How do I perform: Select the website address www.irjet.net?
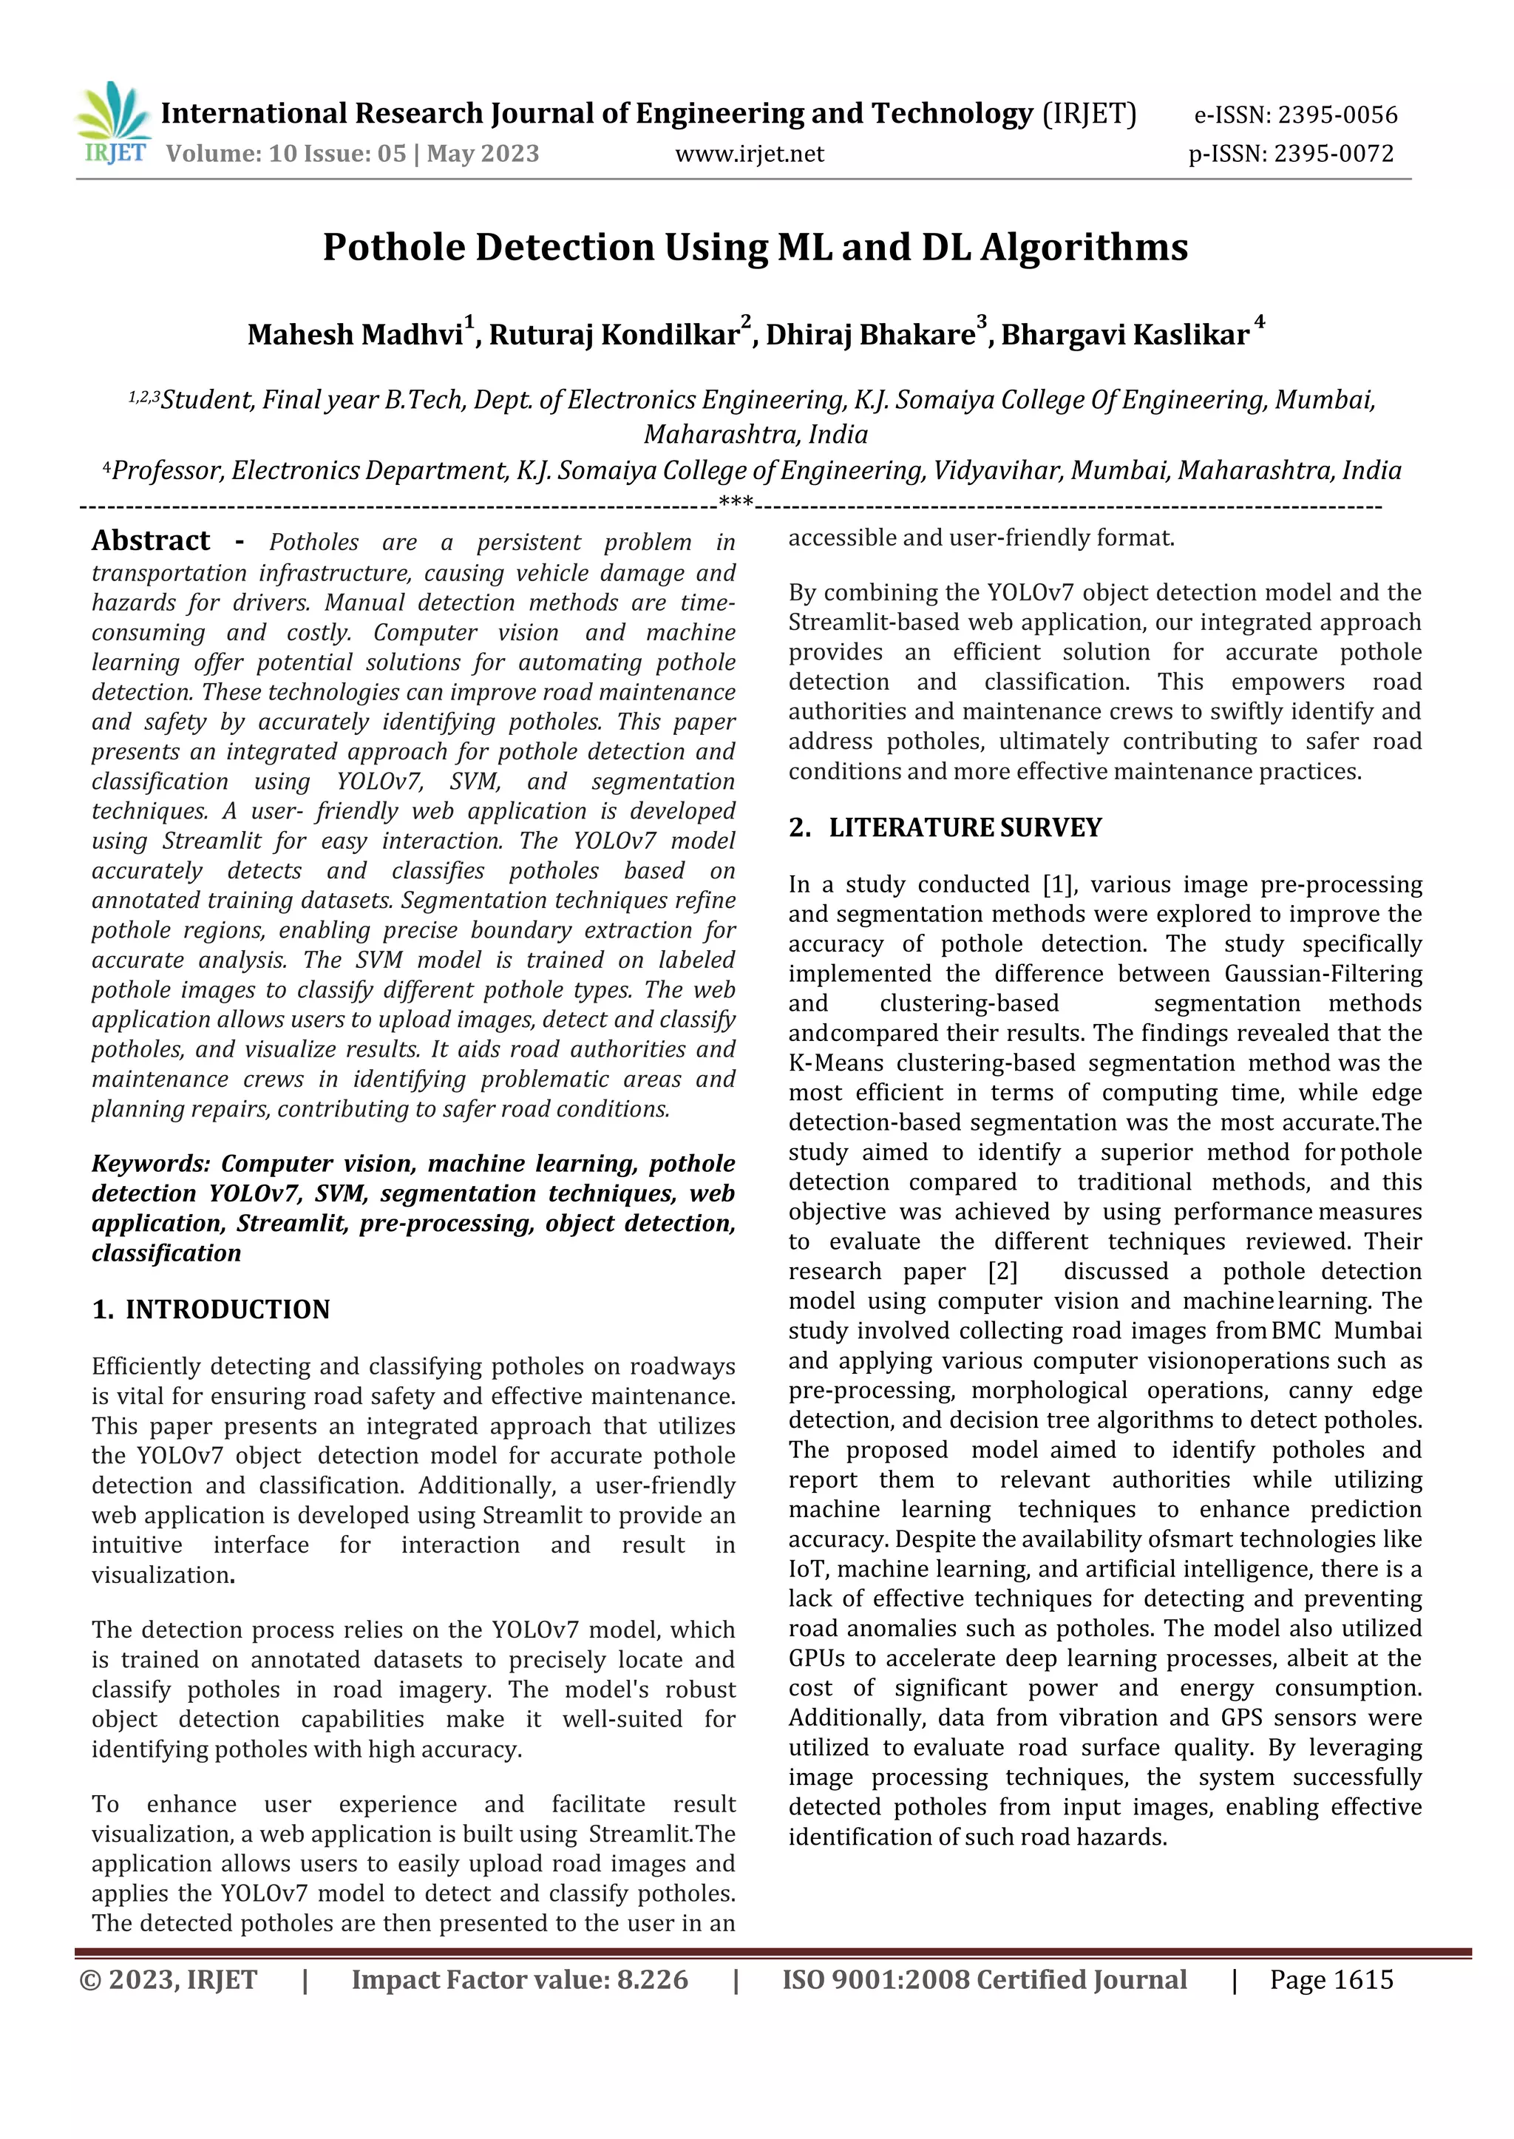(x=750, y=154)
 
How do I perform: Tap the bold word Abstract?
(x=151, y=540)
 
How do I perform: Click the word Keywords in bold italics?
(x=151, y=1164)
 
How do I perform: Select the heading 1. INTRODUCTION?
(x=211, y=1309)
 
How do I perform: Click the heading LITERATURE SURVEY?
(x=965, y=828)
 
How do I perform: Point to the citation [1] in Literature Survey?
(x=1058, y=884)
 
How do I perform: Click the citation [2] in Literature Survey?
(x=1002, y=1271)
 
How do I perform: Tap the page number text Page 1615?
(x=1331, y=1979)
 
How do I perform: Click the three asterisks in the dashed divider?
(x=736, y=504)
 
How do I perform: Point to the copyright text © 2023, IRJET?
(x=169, y=1979)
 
